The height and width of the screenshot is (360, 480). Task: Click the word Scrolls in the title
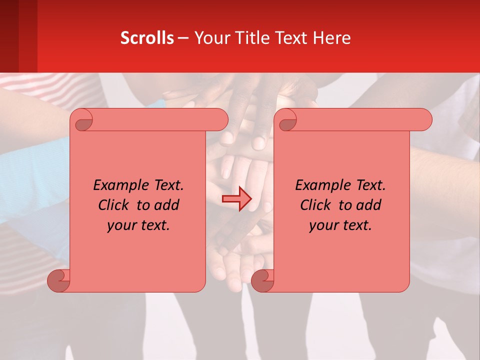pos(147,38)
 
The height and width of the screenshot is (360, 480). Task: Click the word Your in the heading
pos(210,38)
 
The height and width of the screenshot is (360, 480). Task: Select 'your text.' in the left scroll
pos(138,225)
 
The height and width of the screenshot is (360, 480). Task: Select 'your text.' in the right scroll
pos(340,225)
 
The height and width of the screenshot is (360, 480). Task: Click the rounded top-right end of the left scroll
pos(220,120)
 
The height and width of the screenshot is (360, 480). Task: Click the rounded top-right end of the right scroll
pos(424,120)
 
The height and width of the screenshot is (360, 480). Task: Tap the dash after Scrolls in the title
pos(183,38)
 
